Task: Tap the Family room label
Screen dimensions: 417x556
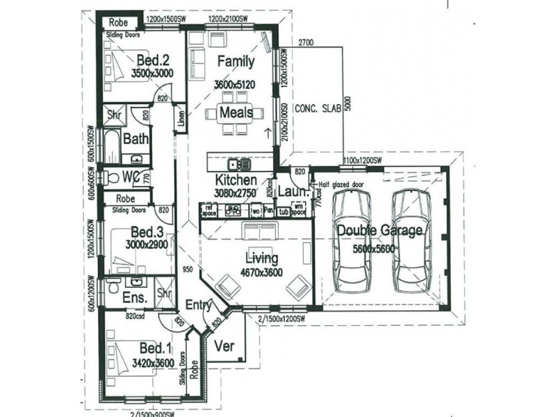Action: click(236, 61)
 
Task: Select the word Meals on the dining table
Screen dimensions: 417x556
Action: click(236, 113)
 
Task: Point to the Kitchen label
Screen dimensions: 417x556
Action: click(236, 179)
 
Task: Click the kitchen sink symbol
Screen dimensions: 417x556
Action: click(243, 165)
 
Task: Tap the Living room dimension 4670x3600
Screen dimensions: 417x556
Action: click(261, 272)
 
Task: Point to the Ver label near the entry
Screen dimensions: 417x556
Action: click(224, 345)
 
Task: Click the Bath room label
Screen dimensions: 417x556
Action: click(136, 139)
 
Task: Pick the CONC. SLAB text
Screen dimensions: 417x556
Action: click(318, 109)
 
